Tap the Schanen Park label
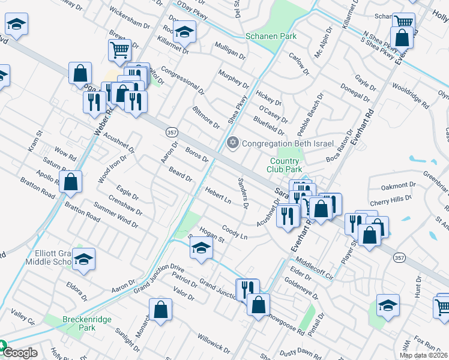coord(271,37)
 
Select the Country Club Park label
coord(285,165)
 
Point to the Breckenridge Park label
coord(88,324)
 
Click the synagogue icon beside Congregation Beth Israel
coord(232,143)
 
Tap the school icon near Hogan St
coord(202,247)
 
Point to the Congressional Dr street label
coord(182,84)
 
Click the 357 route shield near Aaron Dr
coord(169,132)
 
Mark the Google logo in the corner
coord(19,353)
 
